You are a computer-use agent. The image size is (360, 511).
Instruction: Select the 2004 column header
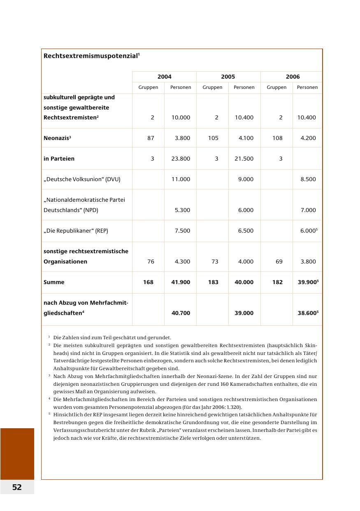click(x=164, y=77)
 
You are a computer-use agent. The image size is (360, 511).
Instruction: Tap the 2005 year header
click(x=228, y=77)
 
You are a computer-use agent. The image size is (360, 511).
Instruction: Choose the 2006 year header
click(x=293, y=77)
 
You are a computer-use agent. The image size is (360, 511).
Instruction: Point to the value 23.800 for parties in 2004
click(x=181, y=159)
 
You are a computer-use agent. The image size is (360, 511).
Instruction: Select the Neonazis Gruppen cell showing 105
click(x=213, y=138)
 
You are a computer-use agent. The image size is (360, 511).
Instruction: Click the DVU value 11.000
click(x=181, y=179)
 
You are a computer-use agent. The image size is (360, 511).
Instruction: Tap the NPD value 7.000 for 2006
click(x=308, y=210)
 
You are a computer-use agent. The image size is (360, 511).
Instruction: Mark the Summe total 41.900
click(x=181, y=282)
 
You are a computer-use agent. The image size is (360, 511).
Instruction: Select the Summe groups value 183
click(x=213, y=282)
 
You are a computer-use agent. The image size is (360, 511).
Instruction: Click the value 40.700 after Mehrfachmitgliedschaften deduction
click(x=181, y=313)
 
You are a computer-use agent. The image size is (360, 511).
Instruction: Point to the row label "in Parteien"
click(x=59, y=159)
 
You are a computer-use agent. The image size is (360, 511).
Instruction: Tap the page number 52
click(x=17, y=487)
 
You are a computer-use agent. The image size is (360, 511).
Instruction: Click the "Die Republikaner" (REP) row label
click(x=76, y=231)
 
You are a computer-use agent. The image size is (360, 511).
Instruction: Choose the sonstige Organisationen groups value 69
click(x=278, y=261)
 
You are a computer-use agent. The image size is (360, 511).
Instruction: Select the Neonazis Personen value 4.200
click(x=308, y=138)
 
